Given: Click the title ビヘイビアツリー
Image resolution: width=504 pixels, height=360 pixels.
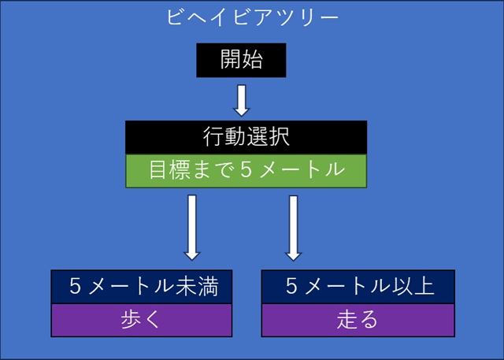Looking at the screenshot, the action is point(253,17).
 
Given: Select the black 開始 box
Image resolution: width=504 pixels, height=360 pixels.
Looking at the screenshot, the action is point(241,60).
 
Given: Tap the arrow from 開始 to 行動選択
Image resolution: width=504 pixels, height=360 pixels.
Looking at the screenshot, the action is point(242,100).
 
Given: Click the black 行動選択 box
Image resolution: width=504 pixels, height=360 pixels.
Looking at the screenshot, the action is point(246,138).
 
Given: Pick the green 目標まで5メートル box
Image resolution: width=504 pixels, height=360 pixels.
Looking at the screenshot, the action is point(246,171).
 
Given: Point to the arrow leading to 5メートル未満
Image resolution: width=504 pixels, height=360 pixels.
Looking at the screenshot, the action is point(192,227).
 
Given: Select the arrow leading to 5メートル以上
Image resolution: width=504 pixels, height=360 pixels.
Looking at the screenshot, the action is point(293,228).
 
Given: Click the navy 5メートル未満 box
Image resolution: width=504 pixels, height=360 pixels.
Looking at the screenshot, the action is point(142,287).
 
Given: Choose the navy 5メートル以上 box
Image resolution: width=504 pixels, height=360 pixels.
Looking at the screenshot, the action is point(358,287).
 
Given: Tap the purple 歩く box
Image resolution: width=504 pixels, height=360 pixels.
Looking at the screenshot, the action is point(142,320).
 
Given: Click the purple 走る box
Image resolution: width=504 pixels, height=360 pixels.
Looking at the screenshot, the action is point(358,320).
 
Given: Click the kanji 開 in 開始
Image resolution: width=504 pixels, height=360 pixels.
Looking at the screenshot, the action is point(231,59).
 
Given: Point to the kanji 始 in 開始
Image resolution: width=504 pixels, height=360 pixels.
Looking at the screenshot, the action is point(252,59).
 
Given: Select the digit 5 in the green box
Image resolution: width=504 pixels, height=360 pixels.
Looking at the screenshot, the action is point(246,170).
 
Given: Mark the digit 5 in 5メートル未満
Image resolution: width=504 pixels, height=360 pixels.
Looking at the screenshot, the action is point(75,286).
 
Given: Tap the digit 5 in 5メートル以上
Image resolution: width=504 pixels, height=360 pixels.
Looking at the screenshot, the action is point(291,286).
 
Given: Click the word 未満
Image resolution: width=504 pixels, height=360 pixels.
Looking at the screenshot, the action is point(198,286).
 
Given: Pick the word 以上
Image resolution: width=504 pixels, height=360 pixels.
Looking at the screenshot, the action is point(414,286).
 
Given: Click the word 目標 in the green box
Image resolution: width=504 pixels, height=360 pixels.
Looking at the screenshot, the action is point(170,169).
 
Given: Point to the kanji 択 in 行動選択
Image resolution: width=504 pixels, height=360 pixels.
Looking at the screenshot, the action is point(279,136).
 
